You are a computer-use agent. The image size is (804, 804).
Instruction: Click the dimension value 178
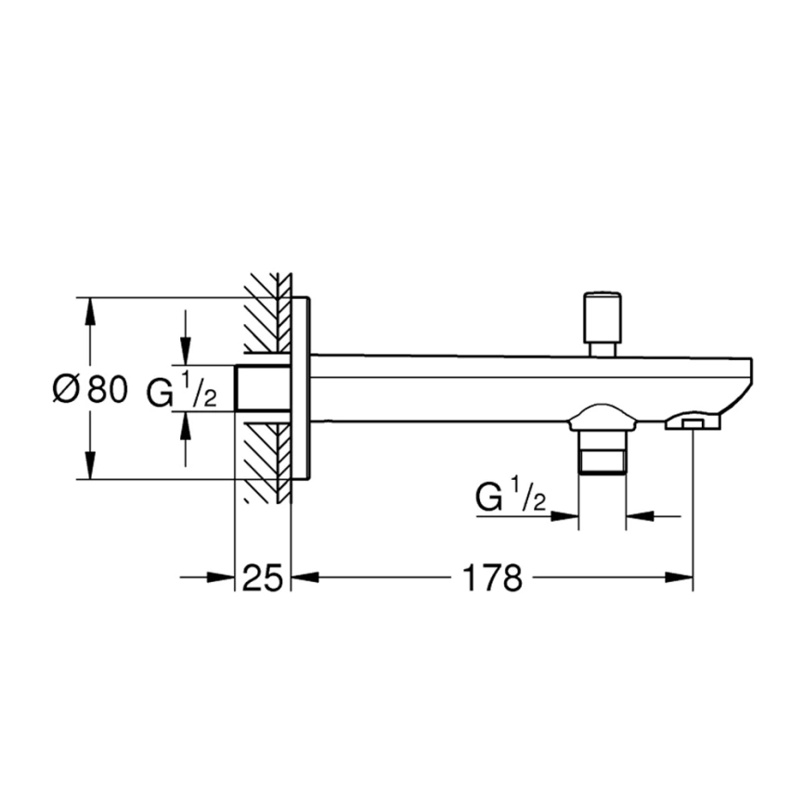[x=493, y=577]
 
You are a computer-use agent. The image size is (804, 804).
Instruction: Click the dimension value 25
[x=262, y=577]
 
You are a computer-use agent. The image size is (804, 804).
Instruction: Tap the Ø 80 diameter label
[x=90, y=388]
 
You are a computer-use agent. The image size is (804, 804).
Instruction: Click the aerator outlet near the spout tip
[x=693, y=422]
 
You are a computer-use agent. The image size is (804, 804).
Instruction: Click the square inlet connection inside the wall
[x=262, y=388]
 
